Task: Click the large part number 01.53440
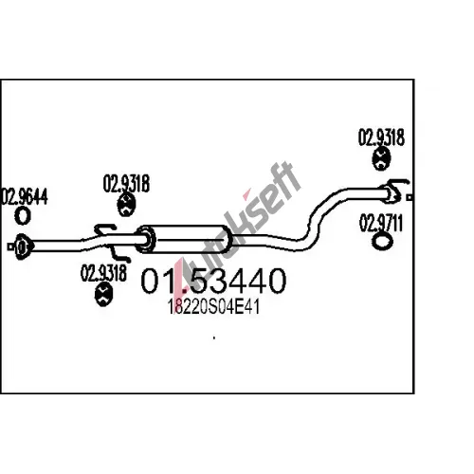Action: point(213,281)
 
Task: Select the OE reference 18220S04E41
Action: point(213,306)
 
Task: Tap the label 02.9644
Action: point(24,196)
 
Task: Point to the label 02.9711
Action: point(381,223)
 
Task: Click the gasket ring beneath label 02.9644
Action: point(23,216)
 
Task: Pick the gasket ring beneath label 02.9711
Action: point(382,242)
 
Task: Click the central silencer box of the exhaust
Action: point(185,239)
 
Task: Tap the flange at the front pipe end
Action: point(22,246)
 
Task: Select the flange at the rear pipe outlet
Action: point(392,194)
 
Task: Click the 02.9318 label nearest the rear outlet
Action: point(381,137)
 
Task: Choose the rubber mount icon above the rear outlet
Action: point(381,159)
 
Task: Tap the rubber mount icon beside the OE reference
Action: point(103,295)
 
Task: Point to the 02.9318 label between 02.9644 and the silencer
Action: point(126,183)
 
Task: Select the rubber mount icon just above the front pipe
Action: point(126,205)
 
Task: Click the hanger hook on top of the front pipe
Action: point(105,228)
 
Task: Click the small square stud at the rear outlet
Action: point(410,197)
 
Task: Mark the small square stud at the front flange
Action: point(11,246)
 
